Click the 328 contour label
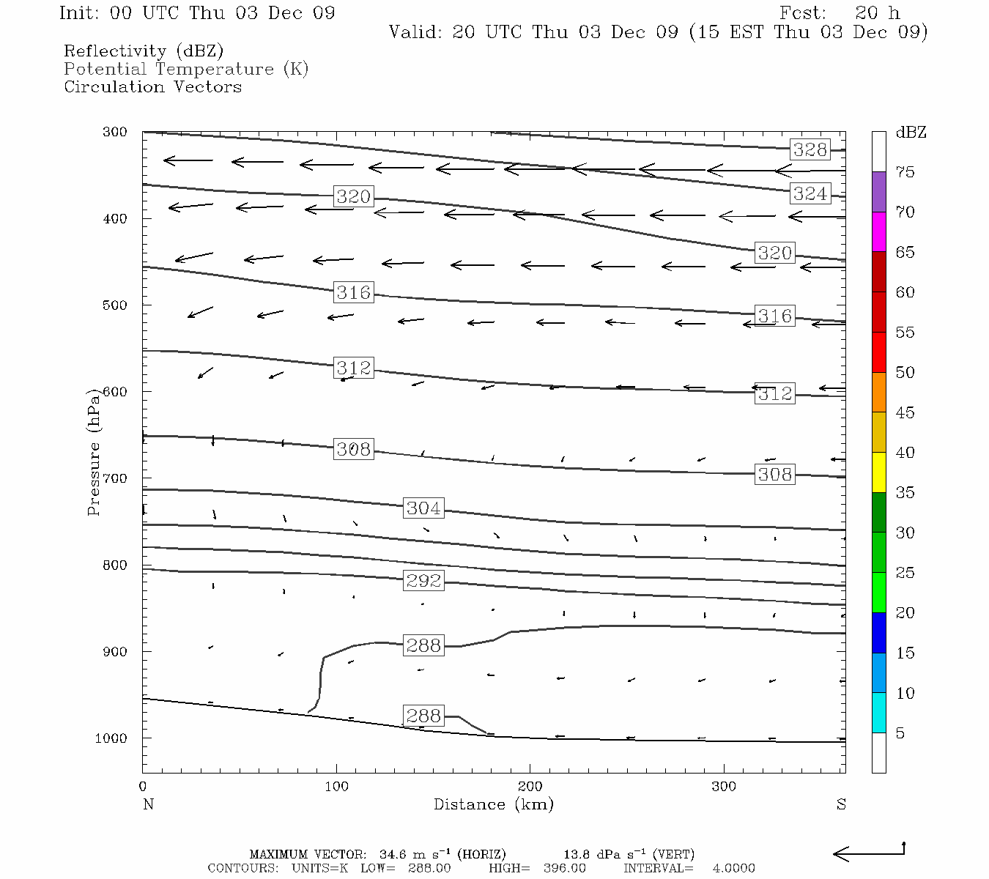click(x=810, y=150)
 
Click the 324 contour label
click(x=810, y=193)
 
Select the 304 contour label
click(x=423, y=508)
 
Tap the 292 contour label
click(x=423, y=581)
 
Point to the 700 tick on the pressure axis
click(x=116, y=478)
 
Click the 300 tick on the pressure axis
click(x=116, y=133)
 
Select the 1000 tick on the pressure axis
click(x=112, y=738)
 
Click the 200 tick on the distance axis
click(x=530, y=787)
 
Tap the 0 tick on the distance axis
click(x=143, y=787)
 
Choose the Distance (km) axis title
click(x=493, y=804)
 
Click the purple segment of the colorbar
click(x=878, y=192)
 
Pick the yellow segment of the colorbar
click(x=878, y=472)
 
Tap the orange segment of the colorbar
click(x=878, y=392)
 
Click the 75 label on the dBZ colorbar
click(x=905, y=172)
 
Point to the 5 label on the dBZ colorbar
click(x=900, y=733)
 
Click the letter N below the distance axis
click(x=148, y=804)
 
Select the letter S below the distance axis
click(x=841, y=804)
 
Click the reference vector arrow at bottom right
click(x=869, y=853)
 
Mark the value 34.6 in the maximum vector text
click(x=393, y=854)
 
